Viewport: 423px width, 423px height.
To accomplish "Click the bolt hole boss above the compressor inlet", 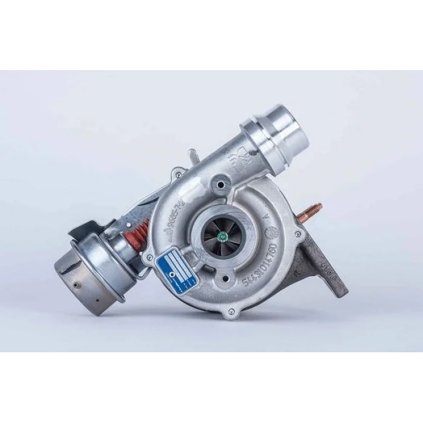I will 222,180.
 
